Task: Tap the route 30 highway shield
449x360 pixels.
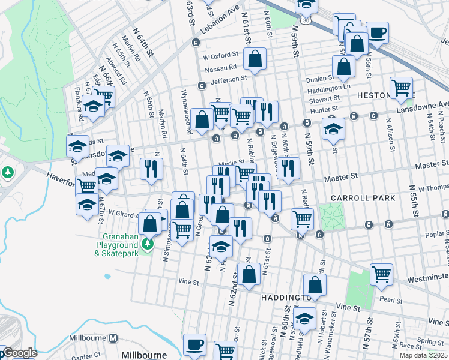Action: click(x=306, y=20)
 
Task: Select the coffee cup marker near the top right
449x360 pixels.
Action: click(x=377, y=32)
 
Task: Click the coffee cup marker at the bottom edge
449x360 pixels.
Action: click(x=194, y=344)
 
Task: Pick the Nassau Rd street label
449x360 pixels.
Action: click(x=221, y=68)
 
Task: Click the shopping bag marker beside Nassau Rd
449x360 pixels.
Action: click(x=255, y=60)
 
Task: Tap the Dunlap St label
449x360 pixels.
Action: click(x=320, y=79)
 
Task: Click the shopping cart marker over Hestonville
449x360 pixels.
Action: click(x=401, y=88)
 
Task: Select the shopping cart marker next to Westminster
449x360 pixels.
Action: click(x=381, y=274)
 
